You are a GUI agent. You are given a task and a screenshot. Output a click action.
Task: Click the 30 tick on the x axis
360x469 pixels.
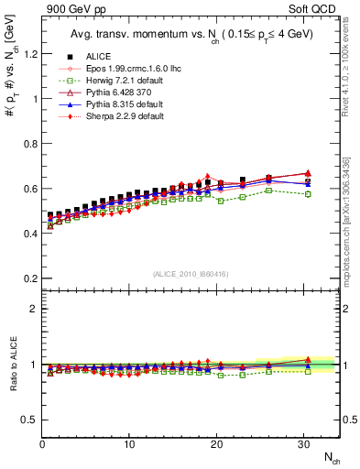coord(303,444)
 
